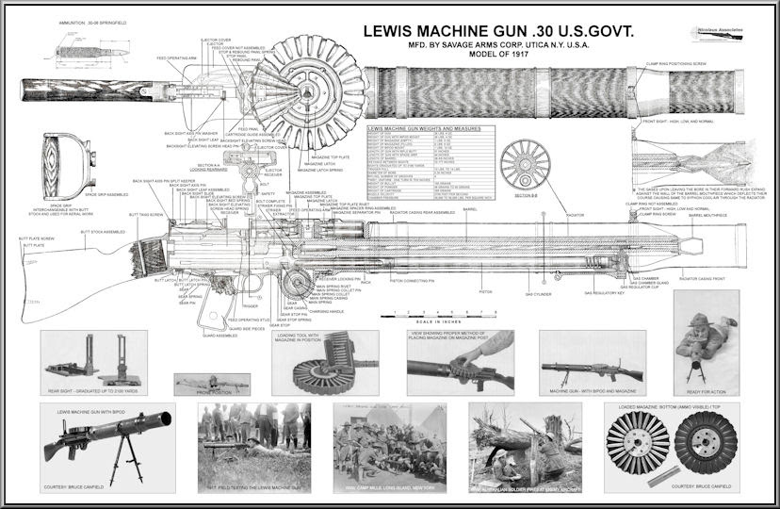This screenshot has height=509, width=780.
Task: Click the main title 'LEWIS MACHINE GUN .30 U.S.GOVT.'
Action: pos(499,31)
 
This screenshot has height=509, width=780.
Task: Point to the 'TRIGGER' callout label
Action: pos(250,306)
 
